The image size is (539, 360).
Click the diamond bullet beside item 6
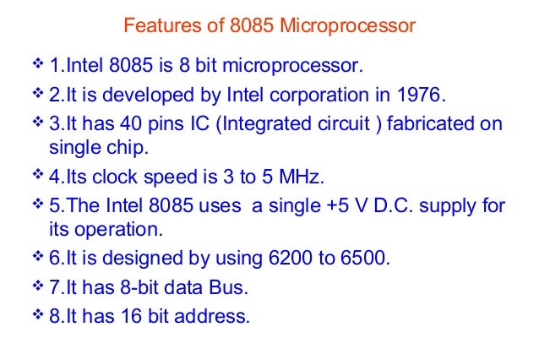point(37,258)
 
